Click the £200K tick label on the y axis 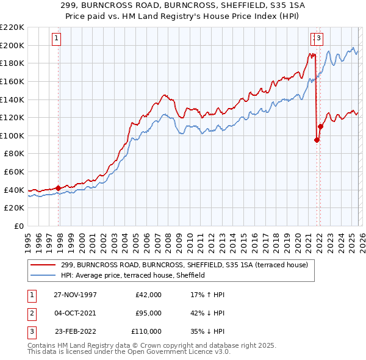coord(12,45)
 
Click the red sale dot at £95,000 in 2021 coord(317,140)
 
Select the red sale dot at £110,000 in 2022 coord(321,126)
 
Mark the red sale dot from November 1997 coord(59,188)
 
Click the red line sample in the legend coord(43,265)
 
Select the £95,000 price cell coord(148,313)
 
